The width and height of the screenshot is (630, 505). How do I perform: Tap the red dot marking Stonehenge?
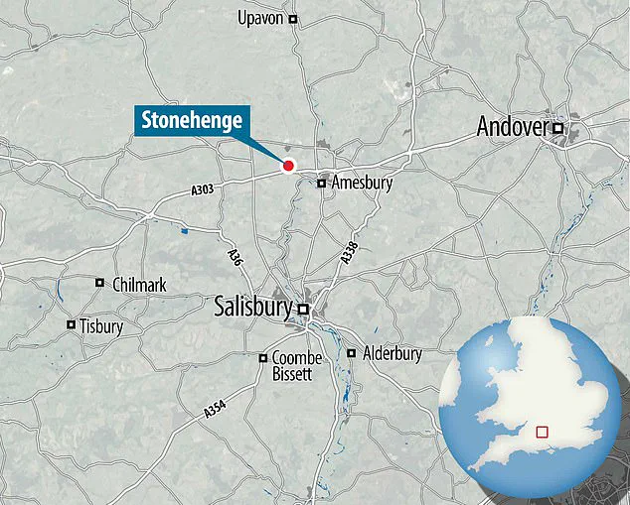[288, 166]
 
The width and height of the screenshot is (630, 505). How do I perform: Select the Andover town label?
[513, 126]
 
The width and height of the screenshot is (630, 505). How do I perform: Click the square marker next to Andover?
[558, 128]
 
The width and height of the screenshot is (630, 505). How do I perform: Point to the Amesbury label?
[363, 184]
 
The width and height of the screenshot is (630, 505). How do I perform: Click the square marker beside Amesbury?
[322, 183]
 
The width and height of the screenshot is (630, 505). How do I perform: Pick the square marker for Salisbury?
[304, 310]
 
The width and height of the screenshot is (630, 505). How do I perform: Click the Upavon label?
[261, 18]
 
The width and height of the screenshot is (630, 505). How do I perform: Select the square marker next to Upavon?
[293, 19]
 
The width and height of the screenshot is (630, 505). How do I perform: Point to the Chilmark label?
[140, 285]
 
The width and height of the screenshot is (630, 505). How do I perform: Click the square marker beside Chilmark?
[99, 284]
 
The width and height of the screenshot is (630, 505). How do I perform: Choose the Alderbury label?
[392, 353]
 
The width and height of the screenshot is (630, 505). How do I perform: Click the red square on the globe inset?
[543, 432]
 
